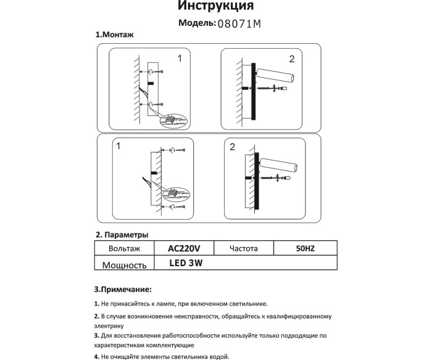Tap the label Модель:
point(196,23)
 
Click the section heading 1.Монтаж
point(115,35)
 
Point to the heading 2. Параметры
point(122,235)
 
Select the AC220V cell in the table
point(185,248)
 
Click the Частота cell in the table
point(243,248)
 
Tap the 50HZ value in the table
point(305,248)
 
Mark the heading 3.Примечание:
point(122,288)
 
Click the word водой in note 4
point(218,357)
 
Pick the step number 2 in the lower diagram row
point(233,147)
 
